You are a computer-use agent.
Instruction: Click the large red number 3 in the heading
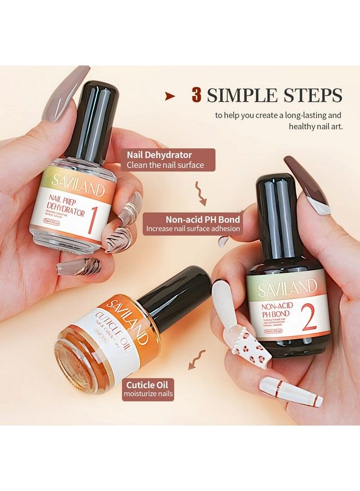coord(196,95)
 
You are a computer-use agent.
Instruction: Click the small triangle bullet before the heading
coord(170,96)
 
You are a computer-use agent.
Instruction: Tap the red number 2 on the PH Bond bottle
coord(309,320)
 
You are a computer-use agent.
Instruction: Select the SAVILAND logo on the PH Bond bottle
coord(287,286)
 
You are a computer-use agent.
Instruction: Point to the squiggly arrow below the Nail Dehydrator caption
coord(197,191)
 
